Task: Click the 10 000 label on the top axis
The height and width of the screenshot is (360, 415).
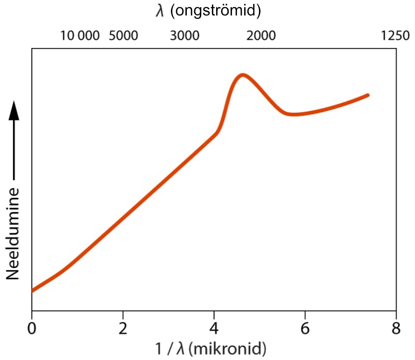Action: point(80,36)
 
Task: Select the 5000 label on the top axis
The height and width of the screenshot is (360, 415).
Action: point(123,36)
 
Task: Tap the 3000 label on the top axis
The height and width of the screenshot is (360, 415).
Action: point(185,36)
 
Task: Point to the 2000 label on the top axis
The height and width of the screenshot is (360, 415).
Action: point(261,36)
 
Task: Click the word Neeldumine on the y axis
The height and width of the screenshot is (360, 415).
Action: point(13,233)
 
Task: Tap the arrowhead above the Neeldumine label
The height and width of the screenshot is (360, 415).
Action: point(14,110)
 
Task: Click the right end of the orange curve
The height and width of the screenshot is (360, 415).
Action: point(368,95)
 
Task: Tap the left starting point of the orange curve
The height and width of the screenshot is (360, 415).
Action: point(33,290)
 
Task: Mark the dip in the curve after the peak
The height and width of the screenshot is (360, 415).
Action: point(292,114)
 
